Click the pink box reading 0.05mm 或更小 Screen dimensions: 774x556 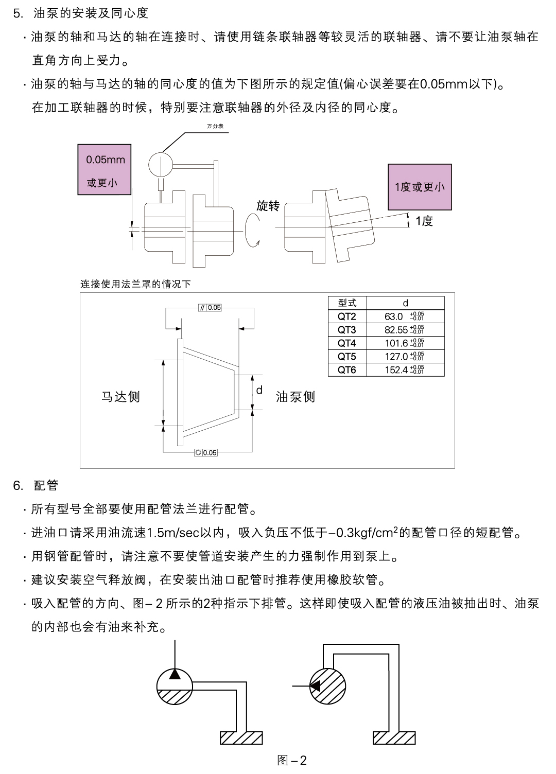[105, 170]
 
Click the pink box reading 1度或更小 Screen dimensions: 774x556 [420, 187]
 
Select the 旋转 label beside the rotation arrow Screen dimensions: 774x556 [268, 206]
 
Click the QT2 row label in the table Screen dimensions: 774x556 [347, 316]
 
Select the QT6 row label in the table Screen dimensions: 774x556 [347, 370]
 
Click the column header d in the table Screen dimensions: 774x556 [405, 303]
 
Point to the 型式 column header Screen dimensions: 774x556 [347, 303]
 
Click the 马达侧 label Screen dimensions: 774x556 [120, 397]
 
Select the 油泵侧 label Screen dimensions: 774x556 [296, 397]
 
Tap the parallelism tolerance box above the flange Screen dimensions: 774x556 [210, 308]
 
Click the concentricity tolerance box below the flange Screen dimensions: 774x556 [206, 453]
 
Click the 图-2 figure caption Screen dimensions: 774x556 [292, 760]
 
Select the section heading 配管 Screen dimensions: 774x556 [46, 485]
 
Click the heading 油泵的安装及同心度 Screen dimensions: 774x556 [91, 13]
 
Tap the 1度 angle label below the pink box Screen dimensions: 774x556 [424, 221]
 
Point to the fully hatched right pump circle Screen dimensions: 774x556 [328, 685]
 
